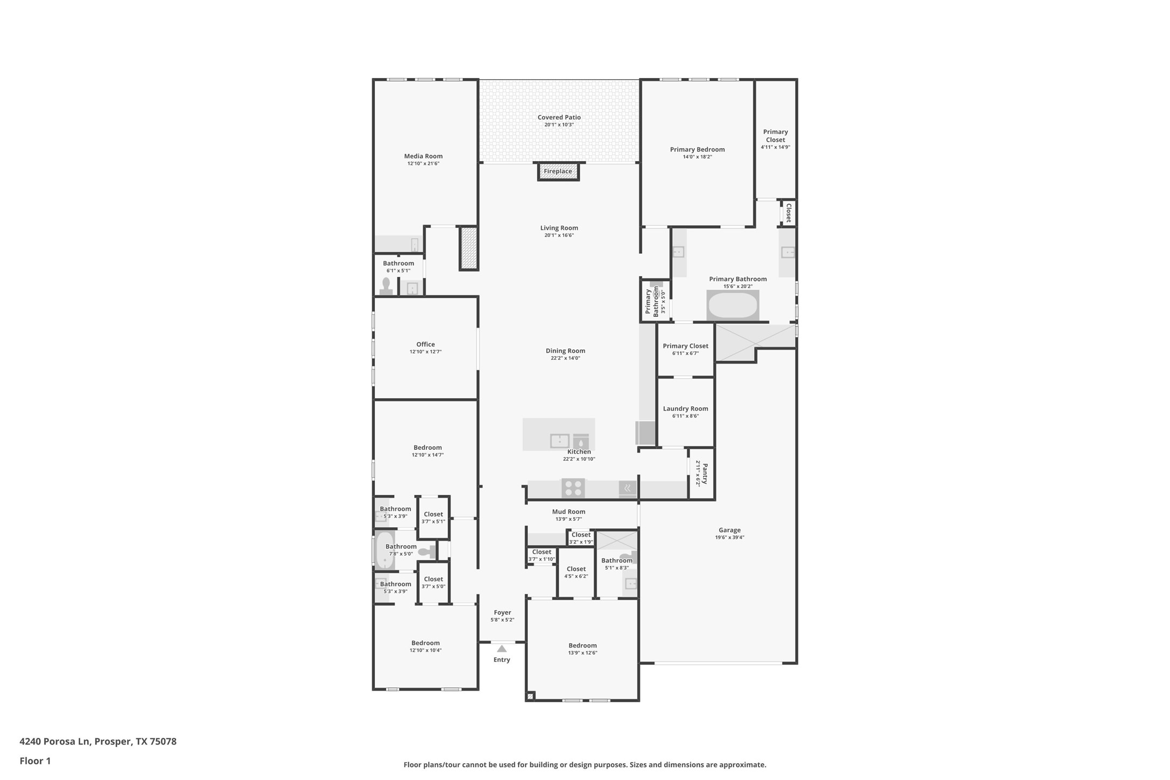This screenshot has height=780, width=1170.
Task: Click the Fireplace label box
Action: point(558,171)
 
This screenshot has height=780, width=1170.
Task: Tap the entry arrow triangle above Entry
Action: point(502,649)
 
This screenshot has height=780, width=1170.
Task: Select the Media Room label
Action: point(423,156)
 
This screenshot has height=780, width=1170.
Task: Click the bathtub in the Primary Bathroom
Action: point(733,305)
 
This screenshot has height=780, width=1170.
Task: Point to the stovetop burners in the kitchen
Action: point(573,488)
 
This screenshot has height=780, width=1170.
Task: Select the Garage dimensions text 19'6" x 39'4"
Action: point(729,537)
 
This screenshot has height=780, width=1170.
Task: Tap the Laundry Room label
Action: point(685,409)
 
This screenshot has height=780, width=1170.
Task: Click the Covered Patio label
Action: point(559,117)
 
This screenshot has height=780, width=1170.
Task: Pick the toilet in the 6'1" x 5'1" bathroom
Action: point(386,285)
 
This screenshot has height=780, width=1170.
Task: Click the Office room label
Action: point(425,344)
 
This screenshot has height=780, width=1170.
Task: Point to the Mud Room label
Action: point(568,512)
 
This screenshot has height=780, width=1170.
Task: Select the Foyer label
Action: point(502,612)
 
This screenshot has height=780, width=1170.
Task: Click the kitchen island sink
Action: point(559,441)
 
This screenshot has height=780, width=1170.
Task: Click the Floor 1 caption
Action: point(35,761)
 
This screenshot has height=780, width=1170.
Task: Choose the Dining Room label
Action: point(565,351)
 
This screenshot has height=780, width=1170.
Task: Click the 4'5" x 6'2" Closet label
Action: point(576,569)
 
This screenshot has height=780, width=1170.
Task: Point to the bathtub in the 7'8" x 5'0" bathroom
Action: point(384,550)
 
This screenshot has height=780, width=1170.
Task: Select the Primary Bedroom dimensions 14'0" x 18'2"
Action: point(697,157)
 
